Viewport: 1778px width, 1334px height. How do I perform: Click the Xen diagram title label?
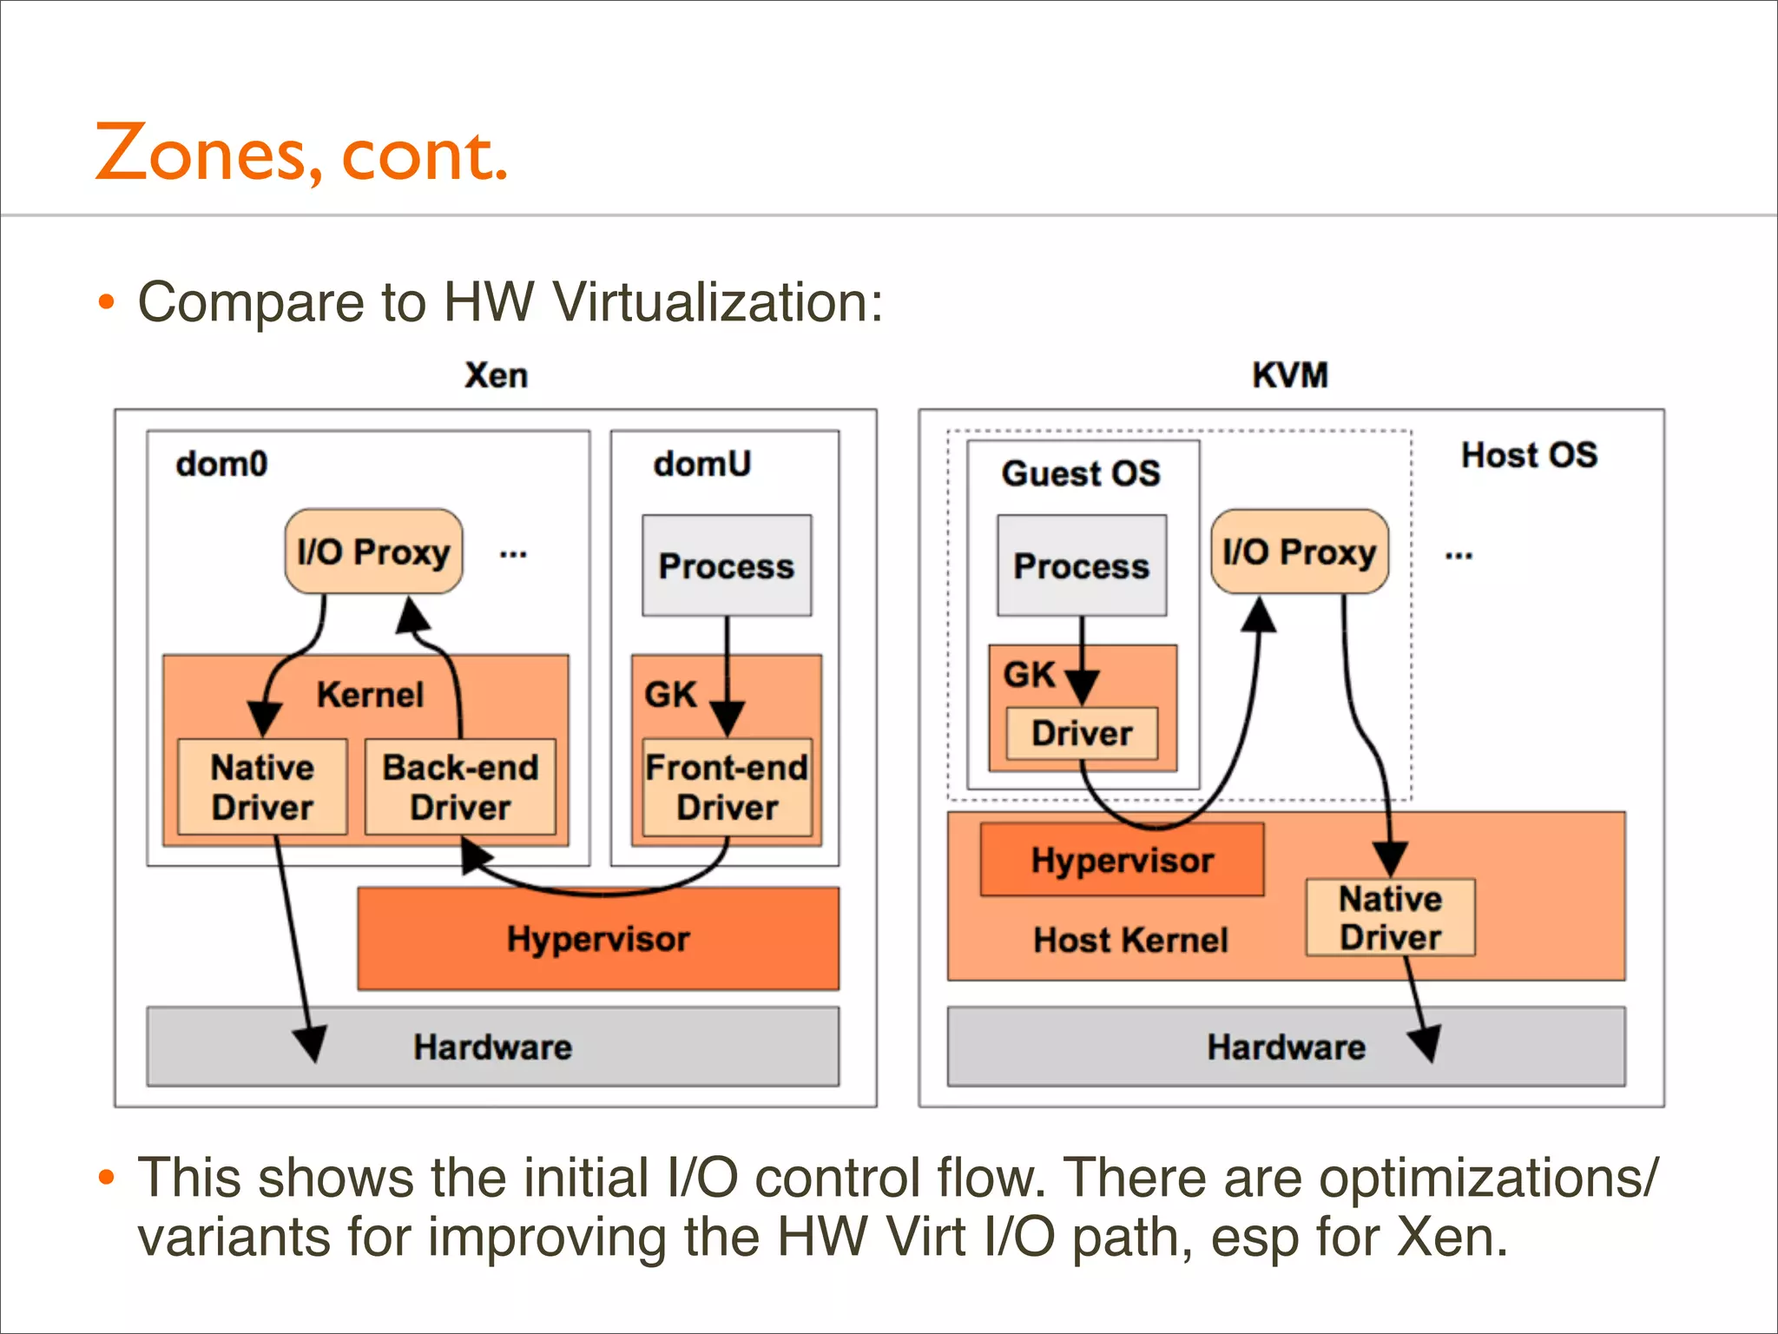[496, 375]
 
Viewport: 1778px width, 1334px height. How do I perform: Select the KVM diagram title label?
[1289, 375]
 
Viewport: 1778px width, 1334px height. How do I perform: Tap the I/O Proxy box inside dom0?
[373, 552]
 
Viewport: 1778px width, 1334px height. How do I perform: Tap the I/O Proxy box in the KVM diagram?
[1299, 552]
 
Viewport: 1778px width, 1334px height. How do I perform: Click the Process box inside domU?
[727, 566]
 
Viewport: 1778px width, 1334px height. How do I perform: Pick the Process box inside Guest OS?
[1082, 566]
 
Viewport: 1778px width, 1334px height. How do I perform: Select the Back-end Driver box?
[460, 787]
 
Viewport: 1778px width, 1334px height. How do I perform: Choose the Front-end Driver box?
[727, 787]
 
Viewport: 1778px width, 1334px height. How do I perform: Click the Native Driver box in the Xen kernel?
[262, 787]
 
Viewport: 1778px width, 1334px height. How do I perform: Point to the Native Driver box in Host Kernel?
[1390, 917]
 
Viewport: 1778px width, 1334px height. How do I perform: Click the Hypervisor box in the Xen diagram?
[598, 939]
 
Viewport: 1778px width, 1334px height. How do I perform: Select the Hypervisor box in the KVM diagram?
[1122, 860]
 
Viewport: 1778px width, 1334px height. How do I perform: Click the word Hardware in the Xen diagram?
[492, 1047]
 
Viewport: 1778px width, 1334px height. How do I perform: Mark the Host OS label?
[1529, 455]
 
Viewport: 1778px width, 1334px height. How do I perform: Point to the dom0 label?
[221, 464]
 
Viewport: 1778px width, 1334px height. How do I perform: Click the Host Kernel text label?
[1130, 940]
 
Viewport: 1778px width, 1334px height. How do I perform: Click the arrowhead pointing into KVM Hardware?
[1426, 1045]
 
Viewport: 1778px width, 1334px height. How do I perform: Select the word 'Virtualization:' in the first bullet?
[718, 302]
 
